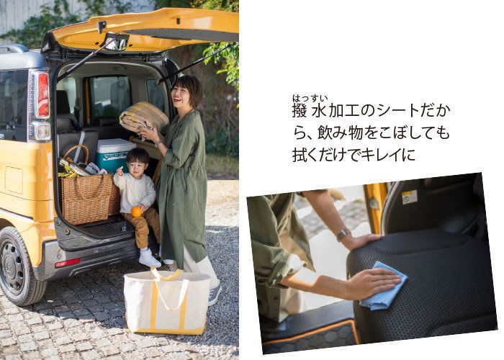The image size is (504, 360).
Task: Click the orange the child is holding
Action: [136, 212]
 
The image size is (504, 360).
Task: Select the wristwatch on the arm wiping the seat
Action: [343, 235]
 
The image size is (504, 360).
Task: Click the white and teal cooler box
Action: [114, 155]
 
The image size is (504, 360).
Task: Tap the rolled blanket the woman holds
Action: [144, 117]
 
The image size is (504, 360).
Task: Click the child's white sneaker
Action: [149, 258]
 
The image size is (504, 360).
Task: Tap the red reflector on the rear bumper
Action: [67, 263]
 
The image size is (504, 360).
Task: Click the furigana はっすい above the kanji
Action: [310, 98]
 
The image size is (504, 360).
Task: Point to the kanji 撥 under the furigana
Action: [300, 111]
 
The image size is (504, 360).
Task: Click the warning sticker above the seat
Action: [410, 197]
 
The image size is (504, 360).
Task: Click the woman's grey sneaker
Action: [215, 294]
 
